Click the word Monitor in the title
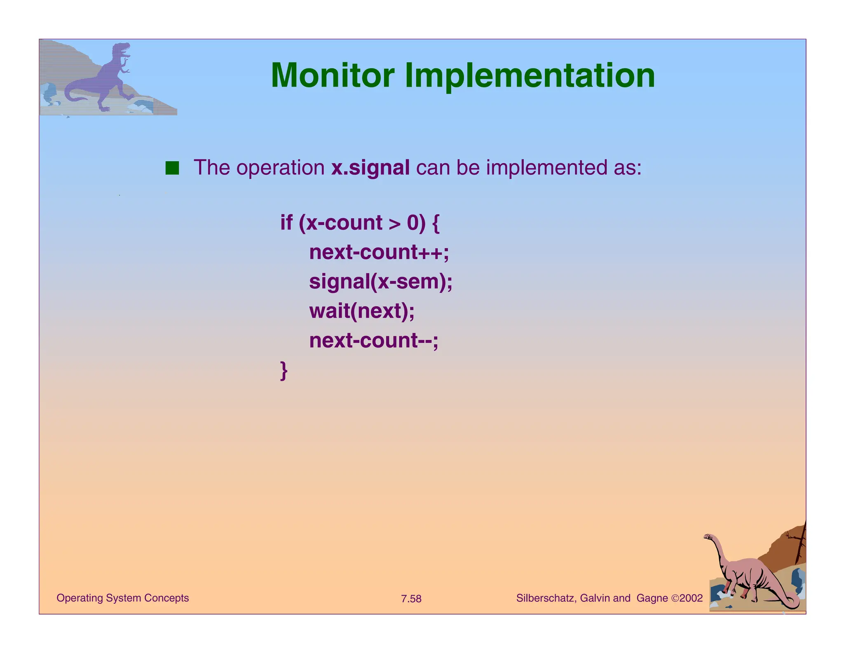[332, 76]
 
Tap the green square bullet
[172, 168]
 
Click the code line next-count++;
[379, 252]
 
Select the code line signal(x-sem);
[380, 282]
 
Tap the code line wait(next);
[361, 311]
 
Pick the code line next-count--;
[373, 341]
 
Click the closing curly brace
[284, 371]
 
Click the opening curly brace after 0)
[436, 223]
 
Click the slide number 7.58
[411, 599]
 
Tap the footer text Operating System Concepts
[122, 598]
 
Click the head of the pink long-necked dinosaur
[708, 537]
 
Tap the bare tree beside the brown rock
[800, 544]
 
